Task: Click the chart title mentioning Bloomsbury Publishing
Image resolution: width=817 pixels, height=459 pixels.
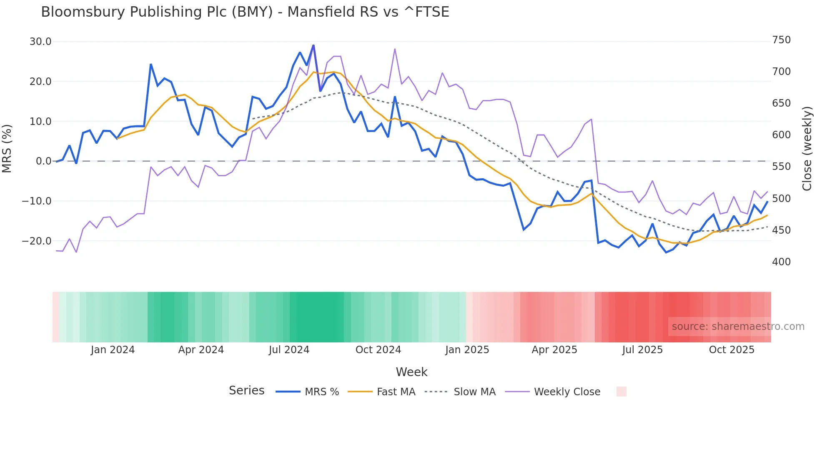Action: point(245,12)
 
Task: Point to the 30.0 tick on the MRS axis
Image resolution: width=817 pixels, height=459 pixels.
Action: point(40,42)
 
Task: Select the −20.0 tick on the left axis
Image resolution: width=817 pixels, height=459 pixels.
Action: point(37,241)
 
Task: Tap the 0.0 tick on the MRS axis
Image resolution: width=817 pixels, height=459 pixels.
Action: point(43,161)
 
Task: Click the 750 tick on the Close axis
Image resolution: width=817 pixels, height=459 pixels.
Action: point(781,40)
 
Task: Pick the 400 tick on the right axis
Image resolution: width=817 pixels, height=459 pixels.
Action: point(781,262)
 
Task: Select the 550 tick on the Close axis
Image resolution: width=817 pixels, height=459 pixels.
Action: point(781,167)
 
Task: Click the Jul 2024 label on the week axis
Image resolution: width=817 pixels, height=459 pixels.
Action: point(289,350)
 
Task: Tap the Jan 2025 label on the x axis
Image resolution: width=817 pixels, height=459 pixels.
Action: point(467,350)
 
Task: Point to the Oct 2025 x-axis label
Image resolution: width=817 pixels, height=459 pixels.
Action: point(732,350)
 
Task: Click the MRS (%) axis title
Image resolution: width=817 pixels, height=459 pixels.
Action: point(7,149)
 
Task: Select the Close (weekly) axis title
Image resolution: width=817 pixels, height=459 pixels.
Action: point(807,149)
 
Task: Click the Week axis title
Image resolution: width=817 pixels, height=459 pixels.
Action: point(411,372)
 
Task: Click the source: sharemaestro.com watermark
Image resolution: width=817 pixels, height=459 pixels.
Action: point(738,327)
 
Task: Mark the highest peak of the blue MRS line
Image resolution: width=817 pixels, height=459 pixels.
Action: point(313,45)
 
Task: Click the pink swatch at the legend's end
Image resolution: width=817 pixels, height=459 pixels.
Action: point(621,392)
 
